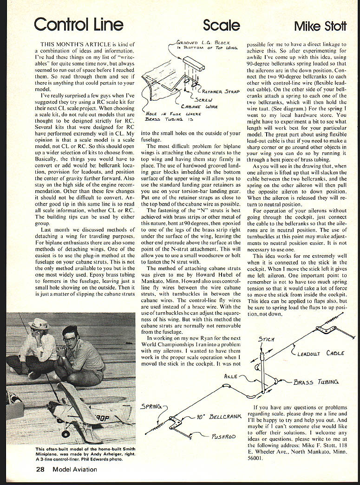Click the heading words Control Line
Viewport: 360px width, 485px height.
(x=79, y=25)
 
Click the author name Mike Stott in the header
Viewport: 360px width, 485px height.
(x=320, y=26)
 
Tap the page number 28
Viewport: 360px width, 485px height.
(x=40, y=470)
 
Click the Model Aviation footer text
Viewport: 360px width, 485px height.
(x=75, y=470)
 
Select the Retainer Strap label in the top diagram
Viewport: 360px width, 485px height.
(x=221, y=91)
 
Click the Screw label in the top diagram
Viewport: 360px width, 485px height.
(x=203, y=100)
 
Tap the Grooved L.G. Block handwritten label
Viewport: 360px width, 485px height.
(x=207, y=45)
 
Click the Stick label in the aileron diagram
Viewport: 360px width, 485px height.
(x=266, y=339)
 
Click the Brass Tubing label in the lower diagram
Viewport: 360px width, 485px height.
(x=316, y=382)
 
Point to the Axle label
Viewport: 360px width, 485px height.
(x=230, y=376)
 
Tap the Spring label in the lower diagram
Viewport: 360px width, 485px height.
(x=151, y=407)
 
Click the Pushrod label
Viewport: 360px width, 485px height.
(x=223, y=437)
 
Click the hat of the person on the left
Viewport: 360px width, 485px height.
(x=39, y=324)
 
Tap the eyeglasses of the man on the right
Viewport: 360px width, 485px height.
(x=70, y=339)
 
